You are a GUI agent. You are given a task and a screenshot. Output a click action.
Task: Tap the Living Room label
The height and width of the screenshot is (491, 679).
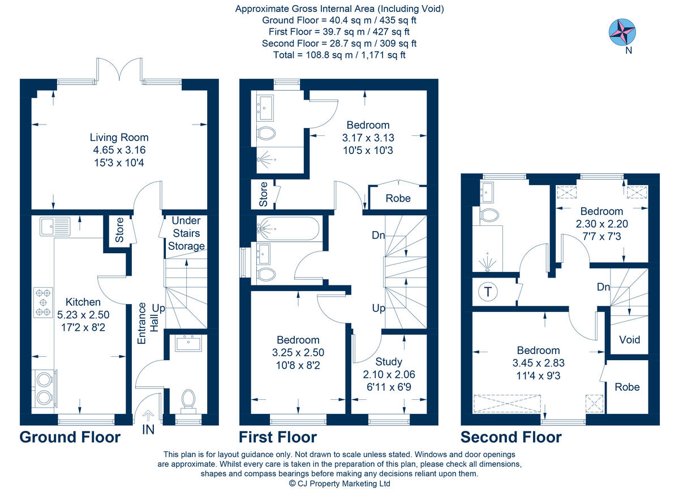[119, 137]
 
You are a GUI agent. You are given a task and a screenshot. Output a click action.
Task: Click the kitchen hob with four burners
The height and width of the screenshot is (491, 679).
[43, 302]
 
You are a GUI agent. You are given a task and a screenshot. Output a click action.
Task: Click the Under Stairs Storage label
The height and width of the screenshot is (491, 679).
[186, 233]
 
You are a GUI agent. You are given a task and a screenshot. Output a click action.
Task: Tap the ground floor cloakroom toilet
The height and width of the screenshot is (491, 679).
[188, 400]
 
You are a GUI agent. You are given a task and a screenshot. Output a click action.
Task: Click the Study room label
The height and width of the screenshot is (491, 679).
[389, 361]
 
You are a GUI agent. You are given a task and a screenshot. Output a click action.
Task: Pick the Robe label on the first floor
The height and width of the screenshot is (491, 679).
[398, 198]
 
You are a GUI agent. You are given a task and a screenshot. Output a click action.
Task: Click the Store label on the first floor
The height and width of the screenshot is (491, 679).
[263, 194]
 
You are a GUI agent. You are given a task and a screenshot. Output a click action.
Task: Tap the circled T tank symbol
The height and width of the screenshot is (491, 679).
[487, 292]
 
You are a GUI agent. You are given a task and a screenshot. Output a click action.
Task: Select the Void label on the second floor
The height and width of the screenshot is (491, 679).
[629, 339]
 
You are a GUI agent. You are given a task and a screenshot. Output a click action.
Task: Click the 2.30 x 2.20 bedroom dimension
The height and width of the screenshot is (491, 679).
[601, 224]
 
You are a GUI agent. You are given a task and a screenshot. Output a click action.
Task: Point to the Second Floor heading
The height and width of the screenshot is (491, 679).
[510, 437]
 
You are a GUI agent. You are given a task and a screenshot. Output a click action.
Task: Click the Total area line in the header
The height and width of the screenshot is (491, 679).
[339, 55]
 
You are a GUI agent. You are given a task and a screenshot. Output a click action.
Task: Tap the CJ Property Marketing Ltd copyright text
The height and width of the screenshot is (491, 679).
[339, 484]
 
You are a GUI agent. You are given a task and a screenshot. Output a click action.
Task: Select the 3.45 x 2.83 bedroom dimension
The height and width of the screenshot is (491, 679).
[538, 362]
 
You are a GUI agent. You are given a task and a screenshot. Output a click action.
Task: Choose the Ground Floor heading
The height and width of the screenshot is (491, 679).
[70, 437]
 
